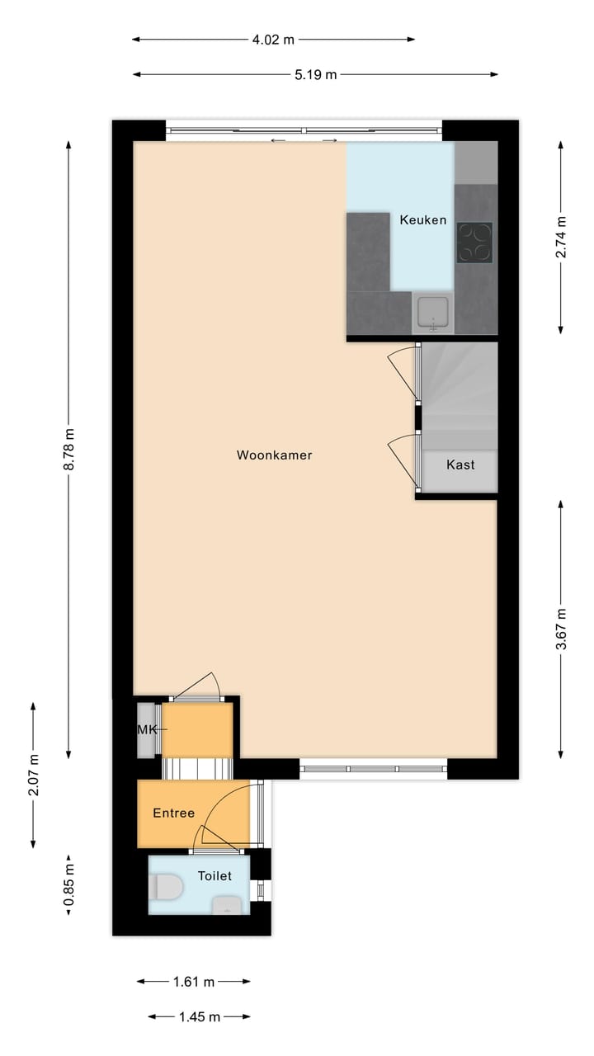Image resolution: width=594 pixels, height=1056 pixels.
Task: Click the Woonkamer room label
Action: tap(274, 455)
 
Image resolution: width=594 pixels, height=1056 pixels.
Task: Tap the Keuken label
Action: tap(423, 219)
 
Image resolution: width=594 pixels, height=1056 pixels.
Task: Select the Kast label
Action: tap(460, 464)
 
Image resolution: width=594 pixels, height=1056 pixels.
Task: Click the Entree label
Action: tap(174, 813)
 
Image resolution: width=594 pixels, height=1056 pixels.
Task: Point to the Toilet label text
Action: tap(214, 875)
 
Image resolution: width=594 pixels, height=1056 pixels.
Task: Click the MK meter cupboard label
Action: tap(147, 729)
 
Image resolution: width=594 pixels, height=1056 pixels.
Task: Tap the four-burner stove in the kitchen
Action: tap(474, 243)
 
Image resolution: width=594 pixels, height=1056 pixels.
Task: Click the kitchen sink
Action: tap(433, 313)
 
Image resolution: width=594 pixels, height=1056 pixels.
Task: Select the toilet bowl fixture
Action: tap(167, 888)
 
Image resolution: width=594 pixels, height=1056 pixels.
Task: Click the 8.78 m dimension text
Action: tap(68, 450)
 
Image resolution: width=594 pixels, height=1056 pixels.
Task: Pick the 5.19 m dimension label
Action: tap(316, 75)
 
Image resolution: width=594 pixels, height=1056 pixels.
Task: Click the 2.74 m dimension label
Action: tap(561, 237)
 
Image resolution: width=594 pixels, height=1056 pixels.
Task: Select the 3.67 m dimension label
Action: tap(561, 629)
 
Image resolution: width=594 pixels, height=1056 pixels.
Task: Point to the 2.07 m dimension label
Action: tap(33, 775)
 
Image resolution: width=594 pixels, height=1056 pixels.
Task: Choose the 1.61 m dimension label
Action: tap(194, 982)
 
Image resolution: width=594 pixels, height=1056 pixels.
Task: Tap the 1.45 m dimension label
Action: tap(199, 1017)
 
